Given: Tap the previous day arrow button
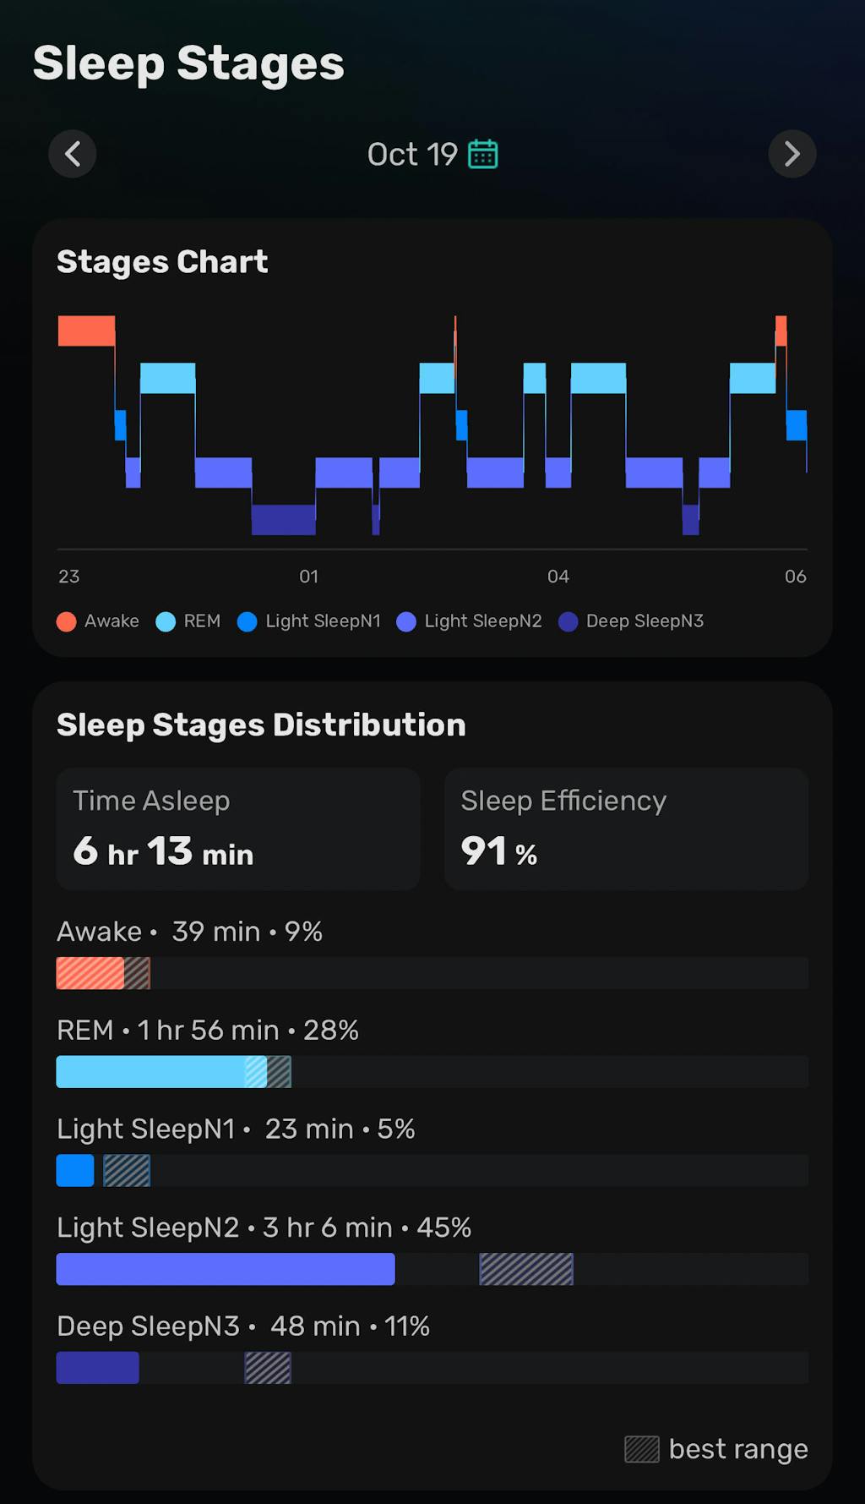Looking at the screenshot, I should (x=73, y=154).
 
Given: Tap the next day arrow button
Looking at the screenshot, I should (x=792, y=154).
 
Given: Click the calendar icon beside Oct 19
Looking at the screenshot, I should (x=483, y=154).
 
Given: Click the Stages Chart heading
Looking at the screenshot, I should (x=162, y=262).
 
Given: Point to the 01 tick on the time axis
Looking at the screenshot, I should (x=309, y=577).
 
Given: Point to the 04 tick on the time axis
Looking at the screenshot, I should (x=558, y=577).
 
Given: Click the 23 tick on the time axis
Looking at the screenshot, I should (x=69, y=577).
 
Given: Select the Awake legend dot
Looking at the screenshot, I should (x=67, y=622).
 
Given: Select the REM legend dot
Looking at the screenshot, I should (x=166, y=622).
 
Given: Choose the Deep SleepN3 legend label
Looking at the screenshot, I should (x=645, y=621).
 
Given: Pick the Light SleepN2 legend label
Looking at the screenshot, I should (x=482, y=621).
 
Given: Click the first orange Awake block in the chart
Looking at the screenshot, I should (x=86, y=331).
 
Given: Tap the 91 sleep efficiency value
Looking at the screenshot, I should (x=484, y=850).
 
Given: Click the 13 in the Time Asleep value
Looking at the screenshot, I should (x=170, y=850).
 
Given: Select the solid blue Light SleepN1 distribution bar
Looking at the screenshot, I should (x=75, y=1171).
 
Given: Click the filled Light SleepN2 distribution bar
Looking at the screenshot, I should (x=226, y=1269).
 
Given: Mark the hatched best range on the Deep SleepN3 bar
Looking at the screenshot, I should (x=268, y=1368).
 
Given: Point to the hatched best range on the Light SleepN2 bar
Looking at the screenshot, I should (x=526, y=1269).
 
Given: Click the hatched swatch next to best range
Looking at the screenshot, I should (x=642, y=1449).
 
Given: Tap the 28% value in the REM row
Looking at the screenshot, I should (x=331, y=1031).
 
